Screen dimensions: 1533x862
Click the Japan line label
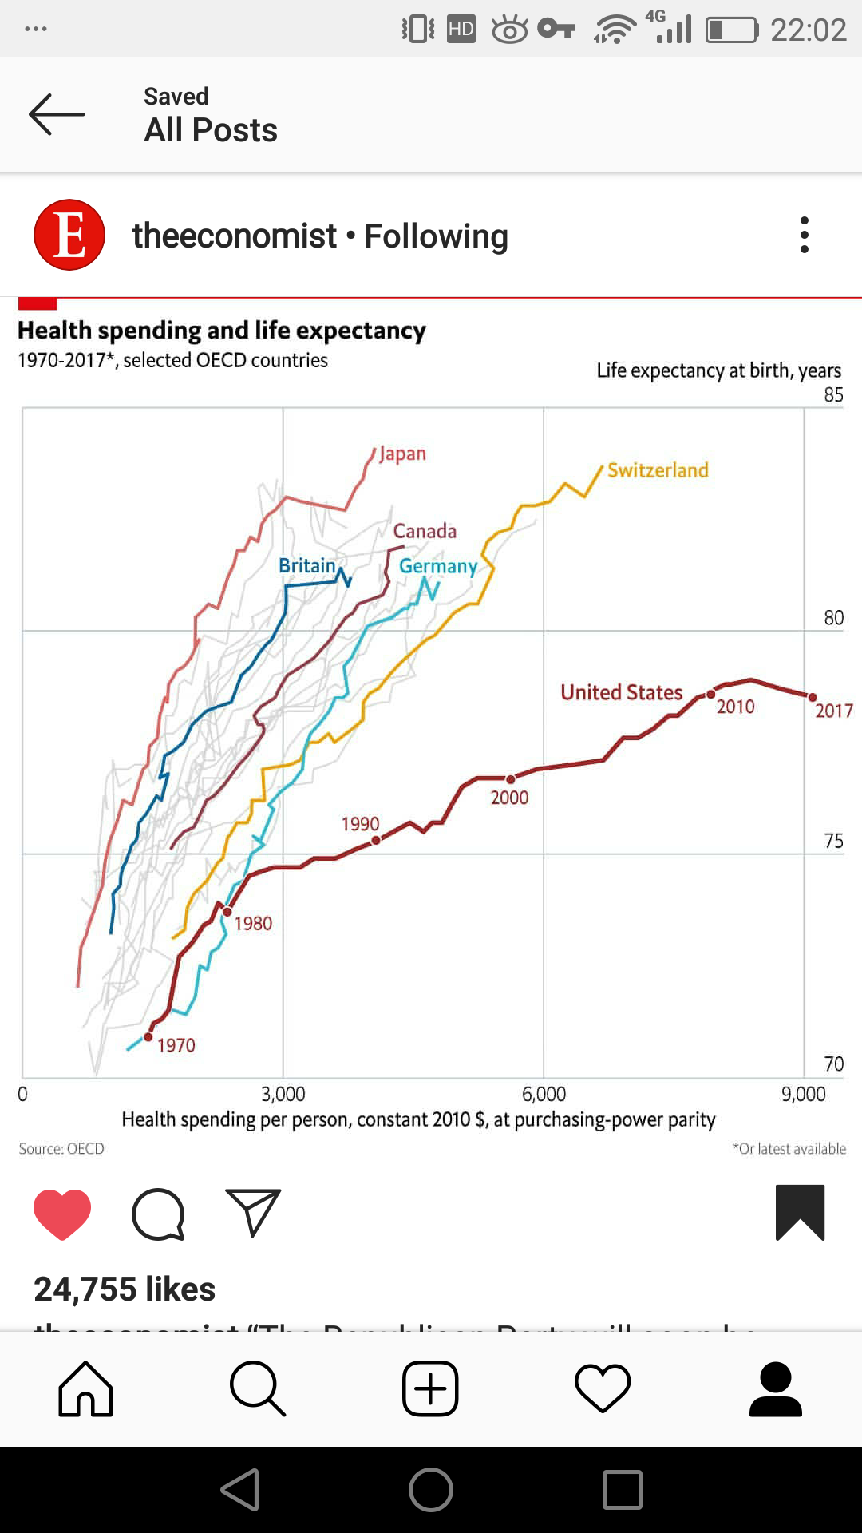(402, 454)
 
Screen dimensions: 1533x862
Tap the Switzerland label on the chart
(658, 470)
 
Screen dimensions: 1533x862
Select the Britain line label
(306, 565)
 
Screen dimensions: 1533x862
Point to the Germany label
(438, 566)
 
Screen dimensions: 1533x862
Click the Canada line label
(425, 531)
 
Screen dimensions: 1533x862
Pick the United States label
(621, 692)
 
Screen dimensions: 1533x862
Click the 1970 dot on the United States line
(148, 1037)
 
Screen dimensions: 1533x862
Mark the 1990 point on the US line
(376, 840)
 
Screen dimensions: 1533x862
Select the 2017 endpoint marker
(813, 697)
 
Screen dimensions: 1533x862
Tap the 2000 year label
(509, 798)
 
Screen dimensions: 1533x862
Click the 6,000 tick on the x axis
(544, 1094)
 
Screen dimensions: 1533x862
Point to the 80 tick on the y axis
(833, 618)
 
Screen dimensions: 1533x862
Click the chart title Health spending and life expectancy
(222, 331)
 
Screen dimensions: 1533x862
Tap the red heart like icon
(62, 1214)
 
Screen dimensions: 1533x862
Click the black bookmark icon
(800, 1212)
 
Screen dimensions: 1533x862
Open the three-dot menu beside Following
(805, 235)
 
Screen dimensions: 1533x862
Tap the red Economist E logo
(69, 235)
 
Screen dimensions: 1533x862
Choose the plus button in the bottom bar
(430, 1389)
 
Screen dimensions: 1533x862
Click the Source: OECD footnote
(61, 1149)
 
